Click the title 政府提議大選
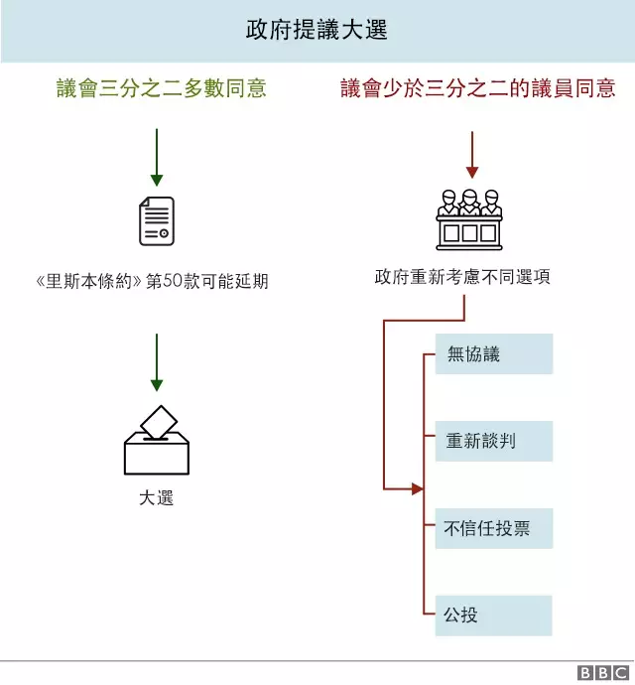317,30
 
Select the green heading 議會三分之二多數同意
161,88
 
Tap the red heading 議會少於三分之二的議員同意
477,88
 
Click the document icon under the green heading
156,220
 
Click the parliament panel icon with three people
470,218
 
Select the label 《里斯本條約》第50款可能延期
151,282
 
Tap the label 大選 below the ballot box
157,497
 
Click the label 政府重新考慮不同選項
462,277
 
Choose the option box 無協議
493,354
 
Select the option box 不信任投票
493,528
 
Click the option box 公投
493,615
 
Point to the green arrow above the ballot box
156,361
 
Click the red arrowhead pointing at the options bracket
417,488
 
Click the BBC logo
601,672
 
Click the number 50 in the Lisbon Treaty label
176,282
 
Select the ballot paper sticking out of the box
159,421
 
